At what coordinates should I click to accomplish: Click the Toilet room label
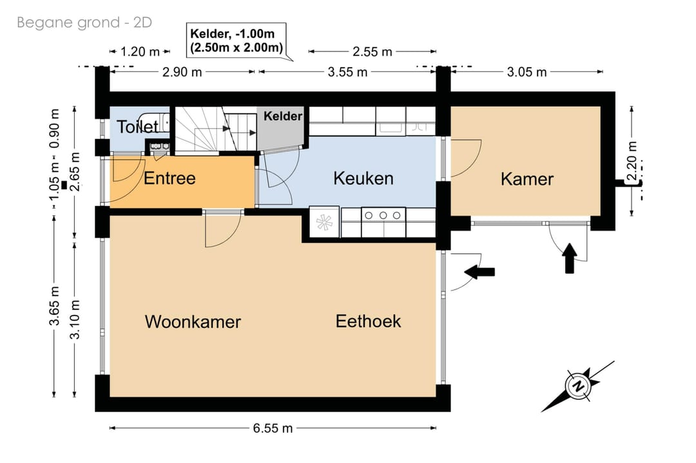[x=138, y=127]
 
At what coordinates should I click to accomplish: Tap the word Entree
[x=169, y=178]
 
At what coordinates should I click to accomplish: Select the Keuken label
[x=363, y=178]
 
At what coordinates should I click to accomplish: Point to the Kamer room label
[x=527, y=179]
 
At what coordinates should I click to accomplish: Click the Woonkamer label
[x=193, y=321]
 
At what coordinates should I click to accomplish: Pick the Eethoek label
[x=368, y=321]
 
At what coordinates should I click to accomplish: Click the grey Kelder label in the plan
[x=283, y=116]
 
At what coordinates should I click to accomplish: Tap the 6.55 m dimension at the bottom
[x=273, y=428]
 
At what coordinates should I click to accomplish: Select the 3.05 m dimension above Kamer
[x=527, y=72]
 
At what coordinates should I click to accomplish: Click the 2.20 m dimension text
[x=632, y=160]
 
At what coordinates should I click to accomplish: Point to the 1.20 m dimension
[x=140, y=52]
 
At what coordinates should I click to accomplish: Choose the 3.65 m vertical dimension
[x=54, y=306]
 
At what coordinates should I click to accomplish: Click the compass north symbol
[x=578, y=386]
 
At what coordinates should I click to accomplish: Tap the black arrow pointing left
[x=479, y=271]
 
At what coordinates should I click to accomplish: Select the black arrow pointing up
[x=570, y=258]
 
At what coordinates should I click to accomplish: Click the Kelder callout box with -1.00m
[x=237, y=41]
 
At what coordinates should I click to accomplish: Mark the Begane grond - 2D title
[x=84, y=22]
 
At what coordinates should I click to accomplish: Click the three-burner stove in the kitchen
[x=383, y=222]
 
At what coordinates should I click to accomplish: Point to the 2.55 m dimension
[x=372, y=52]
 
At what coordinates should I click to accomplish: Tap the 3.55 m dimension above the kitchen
[x=347, y=72]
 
